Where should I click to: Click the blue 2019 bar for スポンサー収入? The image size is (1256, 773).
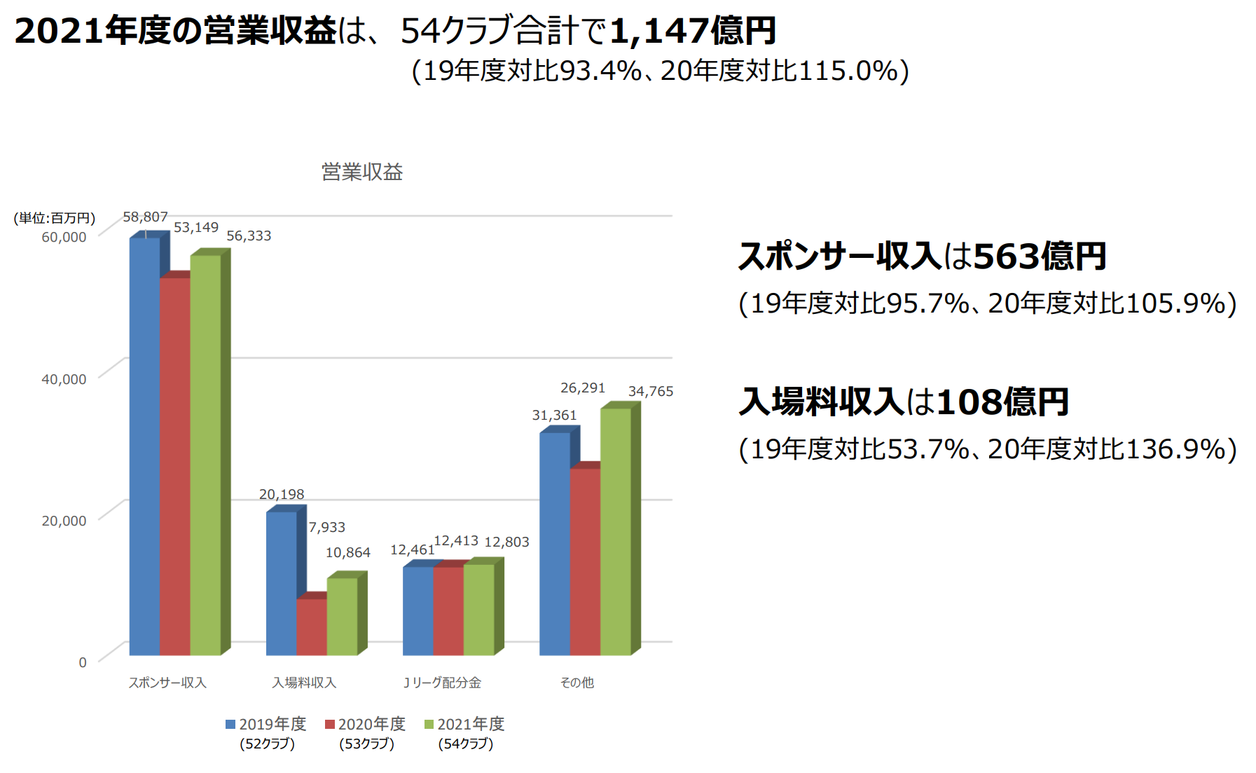click(x=145, y=446)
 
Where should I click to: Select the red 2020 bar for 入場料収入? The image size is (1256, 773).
click(x=312, y=627)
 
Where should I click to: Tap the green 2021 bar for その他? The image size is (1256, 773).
click(x=616, y=531)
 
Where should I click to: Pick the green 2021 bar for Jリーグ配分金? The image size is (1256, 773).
click(x=479, y=610)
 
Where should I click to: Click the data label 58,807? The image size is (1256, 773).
click(x=145, y=217)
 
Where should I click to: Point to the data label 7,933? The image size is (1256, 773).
click(x=327, y=527)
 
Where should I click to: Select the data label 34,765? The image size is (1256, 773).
click(x=651, y=391)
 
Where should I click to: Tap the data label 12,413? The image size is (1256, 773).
click(x=456, y=540)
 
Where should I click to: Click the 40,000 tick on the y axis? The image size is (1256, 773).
click(x=64, y=379)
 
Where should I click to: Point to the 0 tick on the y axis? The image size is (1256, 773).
click(x=83, y=662)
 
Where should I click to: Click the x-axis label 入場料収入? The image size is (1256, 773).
click(x=304, y=683)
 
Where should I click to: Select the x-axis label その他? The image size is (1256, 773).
click(x=577, y=683)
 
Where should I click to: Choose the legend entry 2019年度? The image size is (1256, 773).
click(x=266, y=724)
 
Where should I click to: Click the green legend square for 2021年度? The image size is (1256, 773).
click(x=429, y=724)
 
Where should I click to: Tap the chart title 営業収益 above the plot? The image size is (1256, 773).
click(x=362, y=172)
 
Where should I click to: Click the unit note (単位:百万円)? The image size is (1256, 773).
click(x=55, y=218)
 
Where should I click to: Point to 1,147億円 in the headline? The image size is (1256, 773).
click(x=693, y=31)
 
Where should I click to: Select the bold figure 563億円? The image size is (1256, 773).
click(x=1040, y=256)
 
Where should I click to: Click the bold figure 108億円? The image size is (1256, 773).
click(x=1002, y=402)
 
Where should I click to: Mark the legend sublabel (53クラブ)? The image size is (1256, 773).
click(x=366, y=744)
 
